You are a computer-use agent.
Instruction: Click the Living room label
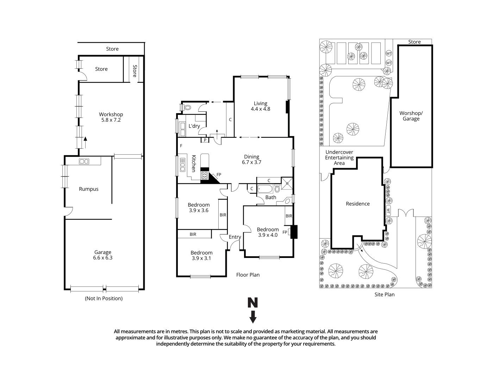pos(260,106)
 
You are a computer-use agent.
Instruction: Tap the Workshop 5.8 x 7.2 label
pos(111,117)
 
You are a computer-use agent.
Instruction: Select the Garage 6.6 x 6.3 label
pos(102,255)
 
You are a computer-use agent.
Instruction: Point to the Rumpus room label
pos(89,189)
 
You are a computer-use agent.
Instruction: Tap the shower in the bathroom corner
pos(287,182)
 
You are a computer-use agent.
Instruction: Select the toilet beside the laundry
pos(187,107)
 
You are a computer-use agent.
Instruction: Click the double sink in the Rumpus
pos(84,161)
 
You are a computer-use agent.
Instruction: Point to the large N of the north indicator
pos(252,303)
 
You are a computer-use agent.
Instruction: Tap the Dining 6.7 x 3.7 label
pos(251,159)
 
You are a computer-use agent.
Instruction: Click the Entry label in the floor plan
pos(235,237)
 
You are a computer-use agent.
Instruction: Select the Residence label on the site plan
pos(358,204)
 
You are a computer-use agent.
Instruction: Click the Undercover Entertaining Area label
pos(339,158)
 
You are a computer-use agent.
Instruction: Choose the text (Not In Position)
pos(104,298)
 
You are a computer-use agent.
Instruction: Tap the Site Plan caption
pos(384,295)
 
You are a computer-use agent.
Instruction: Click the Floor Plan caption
pos(248,275)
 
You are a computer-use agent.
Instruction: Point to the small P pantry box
pos(205,140)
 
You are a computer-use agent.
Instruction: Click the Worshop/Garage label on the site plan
pos(411,116)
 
